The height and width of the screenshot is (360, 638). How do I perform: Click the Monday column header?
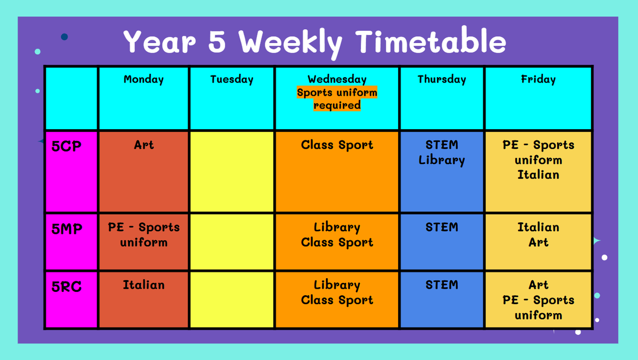144,79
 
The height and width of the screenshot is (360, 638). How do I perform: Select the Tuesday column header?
232,79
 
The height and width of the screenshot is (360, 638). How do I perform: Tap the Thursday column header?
442,79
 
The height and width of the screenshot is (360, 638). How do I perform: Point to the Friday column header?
538,79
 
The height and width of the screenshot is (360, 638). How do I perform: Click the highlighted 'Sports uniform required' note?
337,98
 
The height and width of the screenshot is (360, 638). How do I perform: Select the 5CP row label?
66,146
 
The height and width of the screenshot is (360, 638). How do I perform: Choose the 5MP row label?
67,229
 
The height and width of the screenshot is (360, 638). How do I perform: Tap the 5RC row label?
66,287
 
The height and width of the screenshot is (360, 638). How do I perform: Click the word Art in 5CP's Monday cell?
144,145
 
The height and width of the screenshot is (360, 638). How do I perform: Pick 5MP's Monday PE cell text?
144,235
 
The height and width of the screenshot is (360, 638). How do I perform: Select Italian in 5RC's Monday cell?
144,285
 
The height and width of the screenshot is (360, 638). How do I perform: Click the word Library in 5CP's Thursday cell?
442,161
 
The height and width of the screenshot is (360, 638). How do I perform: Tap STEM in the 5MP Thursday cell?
442,227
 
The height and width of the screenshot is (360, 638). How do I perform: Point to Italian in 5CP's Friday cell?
538,175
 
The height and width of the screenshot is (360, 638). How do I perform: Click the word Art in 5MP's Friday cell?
538,242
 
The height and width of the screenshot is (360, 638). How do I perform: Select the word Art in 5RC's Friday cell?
538,285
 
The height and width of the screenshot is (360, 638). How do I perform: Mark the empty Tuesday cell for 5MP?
232,242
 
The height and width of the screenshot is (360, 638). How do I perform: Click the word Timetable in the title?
431,41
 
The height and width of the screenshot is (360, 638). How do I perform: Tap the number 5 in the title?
217,41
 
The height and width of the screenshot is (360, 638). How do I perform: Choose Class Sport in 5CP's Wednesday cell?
337,145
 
